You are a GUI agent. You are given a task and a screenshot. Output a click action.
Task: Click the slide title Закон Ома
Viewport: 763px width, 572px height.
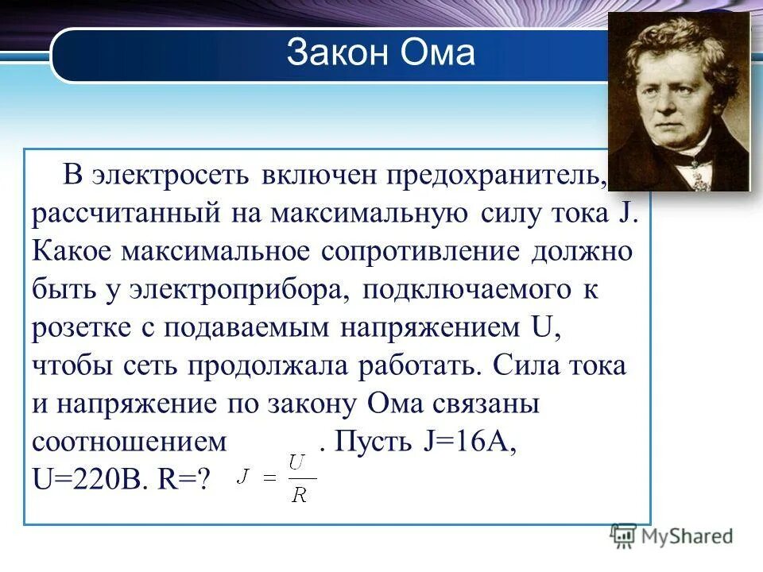381,53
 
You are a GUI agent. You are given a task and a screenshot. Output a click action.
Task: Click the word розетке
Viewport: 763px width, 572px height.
75,328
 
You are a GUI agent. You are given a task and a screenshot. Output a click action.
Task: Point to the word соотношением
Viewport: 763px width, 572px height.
131,442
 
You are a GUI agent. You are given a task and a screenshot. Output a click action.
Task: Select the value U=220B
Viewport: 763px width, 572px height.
88,480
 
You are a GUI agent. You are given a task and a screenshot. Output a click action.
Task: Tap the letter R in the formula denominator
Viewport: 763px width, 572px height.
299,495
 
